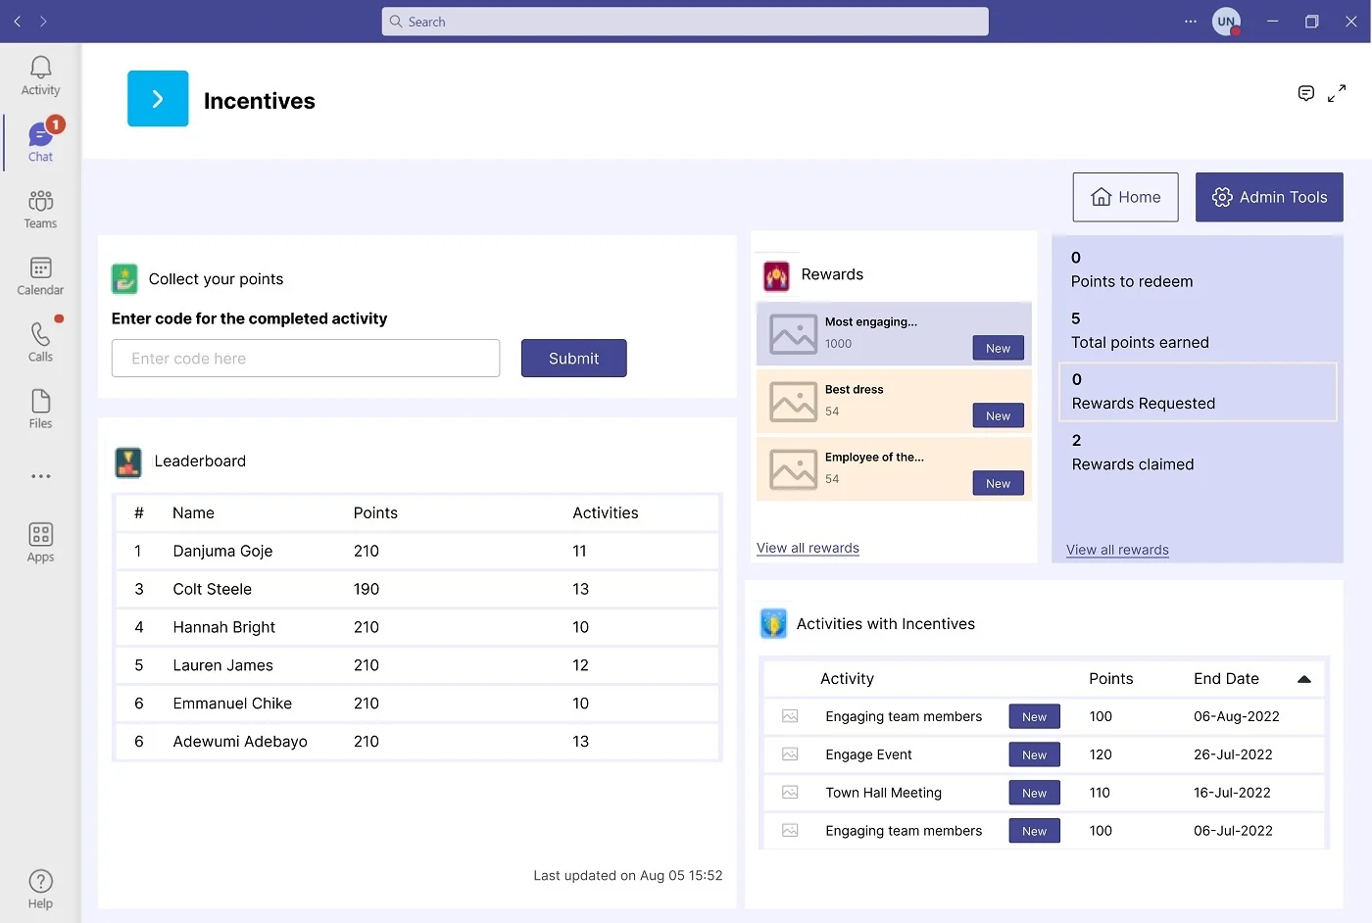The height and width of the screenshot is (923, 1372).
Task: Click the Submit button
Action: tap(573, 359)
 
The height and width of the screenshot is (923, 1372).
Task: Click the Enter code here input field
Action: tap(305, 359)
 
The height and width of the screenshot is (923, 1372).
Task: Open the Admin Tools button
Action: tap(1269, 197)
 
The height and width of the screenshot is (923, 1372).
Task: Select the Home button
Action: tap(1125, 197)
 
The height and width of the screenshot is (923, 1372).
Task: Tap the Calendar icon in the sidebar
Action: tap(40, 275)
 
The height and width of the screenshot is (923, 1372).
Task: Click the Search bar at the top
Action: tap(684, 22)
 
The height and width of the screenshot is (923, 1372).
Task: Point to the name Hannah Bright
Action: tap(223, 627)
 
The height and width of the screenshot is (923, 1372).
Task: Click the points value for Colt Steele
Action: tap(367, 589)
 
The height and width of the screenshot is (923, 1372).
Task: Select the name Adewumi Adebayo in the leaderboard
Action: tap(240, 742)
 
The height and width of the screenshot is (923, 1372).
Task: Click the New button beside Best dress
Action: tap(998, 415)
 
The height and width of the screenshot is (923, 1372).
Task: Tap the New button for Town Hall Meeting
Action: tap(1034, 793)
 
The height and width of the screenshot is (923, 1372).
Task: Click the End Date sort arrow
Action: tap(1304, 679)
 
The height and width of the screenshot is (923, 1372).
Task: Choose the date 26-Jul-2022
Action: tap(1233, 754)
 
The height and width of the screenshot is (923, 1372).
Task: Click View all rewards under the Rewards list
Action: tap(808, 548)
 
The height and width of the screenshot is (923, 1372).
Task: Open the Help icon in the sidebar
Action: tap(40, 888)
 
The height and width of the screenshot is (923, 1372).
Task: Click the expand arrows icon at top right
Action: tap(1337, 94)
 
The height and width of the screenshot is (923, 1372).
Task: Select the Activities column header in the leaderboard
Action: tap(605, 512)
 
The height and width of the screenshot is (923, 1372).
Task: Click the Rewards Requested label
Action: tap(1143, 404)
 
